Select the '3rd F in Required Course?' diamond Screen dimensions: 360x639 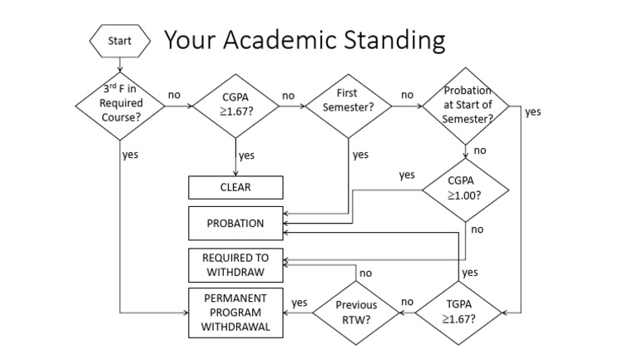120,104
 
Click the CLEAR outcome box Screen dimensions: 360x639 235,187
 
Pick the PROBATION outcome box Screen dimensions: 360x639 235,224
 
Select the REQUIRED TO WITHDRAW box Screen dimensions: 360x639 235,264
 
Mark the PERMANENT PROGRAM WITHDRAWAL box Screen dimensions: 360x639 235,312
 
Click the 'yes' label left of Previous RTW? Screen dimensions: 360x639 300,303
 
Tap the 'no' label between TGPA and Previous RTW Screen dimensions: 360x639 407,302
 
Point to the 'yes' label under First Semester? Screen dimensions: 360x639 360,155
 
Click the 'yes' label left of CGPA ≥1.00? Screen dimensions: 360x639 406,175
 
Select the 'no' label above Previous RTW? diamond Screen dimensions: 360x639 364,273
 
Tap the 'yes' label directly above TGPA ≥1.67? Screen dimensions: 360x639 469,272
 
